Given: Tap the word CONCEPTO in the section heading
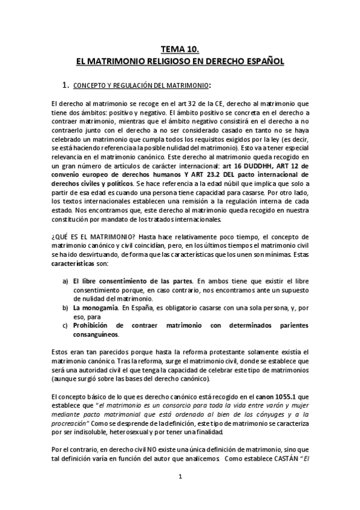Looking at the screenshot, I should click(x=99, y=84).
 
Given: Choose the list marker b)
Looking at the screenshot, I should click(x=66, y=307).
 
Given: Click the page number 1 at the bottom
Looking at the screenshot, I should click(x=180, y=476).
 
